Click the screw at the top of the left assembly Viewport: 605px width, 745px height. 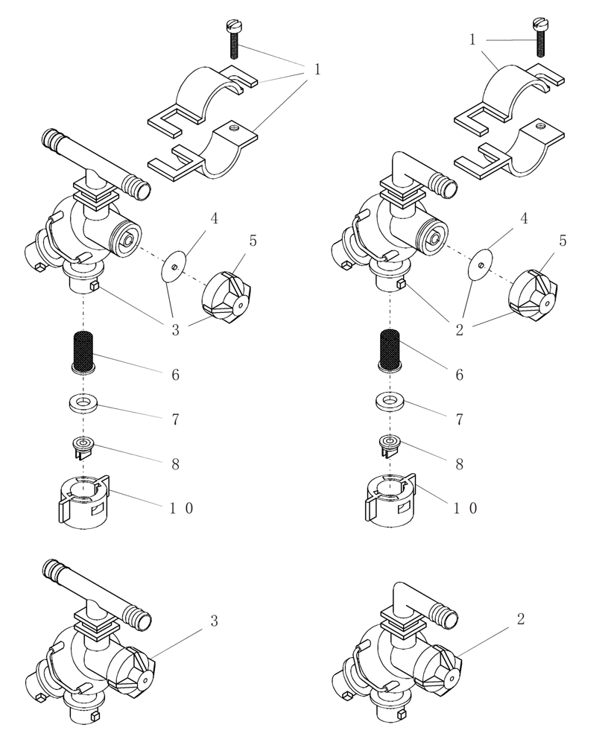click(233, 41)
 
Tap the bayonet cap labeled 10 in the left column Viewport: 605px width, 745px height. click(84, 500)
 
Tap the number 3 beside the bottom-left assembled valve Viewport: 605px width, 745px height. click(214, 621)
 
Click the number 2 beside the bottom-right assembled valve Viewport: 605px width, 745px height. click(520, 619)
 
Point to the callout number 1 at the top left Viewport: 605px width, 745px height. click(317, 69)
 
